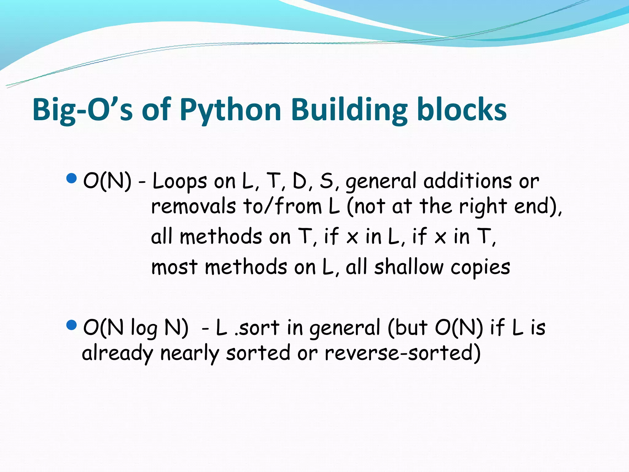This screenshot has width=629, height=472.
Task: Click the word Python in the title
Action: pos(230,110)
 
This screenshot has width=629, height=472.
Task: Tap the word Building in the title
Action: pos(349,110)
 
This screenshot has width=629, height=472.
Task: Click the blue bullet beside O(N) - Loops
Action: pos(71,178)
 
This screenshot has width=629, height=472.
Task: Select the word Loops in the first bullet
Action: pos(180,181)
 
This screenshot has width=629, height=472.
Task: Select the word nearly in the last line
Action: pos(190,353)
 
